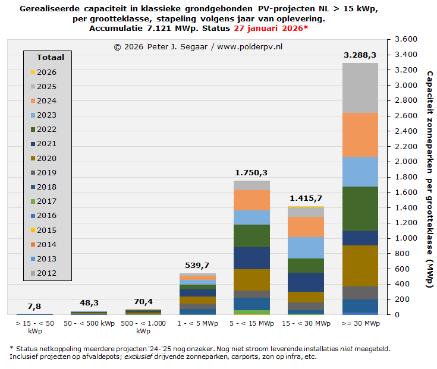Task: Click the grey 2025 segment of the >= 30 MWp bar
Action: (x=360, y=87)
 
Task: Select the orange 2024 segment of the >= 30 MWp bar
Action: (x=360, y=134)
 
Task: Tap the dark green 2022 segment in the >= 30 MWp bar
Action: (x=360, y=209)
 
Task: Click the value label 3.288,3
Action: (x=360, y=55)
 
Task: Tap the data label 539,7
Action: (x=197, y=265)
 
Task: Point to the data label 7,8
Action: (x=34, y=306)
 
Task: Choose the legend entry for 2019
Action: (x=46, y=173)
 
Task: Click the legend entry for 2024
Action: (x=46, y=101)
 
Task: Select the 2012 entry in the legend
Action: (x=46, y=273)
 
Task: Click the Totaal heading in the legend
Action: (x=50, y=58)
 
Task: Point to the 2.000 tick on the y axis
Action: (x=403, y=162)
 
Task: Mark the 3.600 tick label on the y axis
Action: (x=403, y=40)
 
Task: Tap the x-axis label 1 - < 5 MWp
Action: (x=197, y=323)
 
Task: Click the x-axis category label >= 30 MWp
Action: (x=360, y=323)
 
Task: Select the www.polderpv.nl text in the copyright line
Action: (x=250, y=46)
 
